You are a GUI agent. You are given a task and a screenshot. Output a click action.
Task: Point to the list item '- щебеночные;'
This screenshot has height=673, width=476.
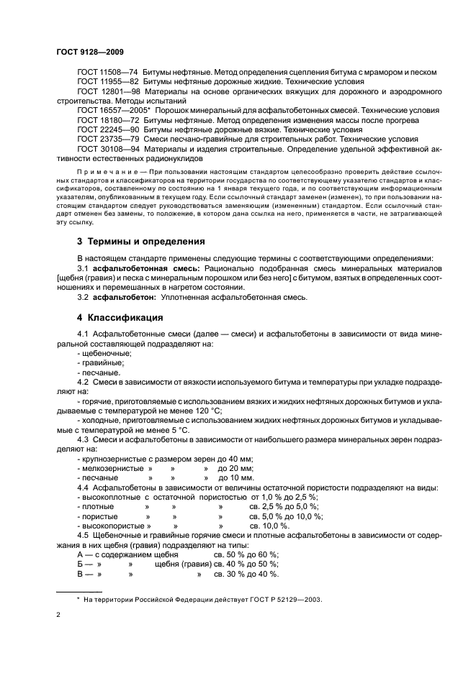tap(104, 353)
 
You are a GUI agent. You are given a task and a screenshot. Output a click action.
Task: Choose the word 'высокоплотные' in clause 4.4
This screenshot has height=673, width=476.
tap(109, 497)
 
